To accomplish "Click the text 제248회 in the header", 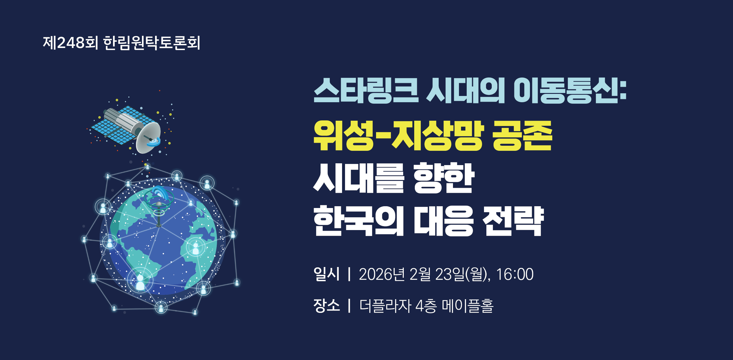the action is [70, 43].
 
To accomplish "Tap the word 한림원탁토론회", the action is [152, 43].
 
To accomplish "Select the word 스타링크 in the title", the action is [366, 91].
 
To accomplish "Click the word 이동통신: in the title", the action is [570, 91].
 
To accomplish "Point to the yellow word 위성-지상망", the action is [398, 136].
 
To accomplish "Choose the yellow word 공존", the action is [522, 136].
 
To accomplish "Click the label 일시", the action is [327, 274].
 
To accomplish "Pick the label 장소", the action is [327, 305].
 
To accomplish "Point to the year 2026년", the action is [382, 274].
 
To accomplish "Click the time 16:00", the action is [515, 274].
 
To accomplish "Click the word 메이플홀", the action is [468, 306].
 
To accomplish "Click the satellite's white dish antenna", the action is [148, 137].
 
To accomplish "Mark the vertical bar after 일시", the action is [349, 274].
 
